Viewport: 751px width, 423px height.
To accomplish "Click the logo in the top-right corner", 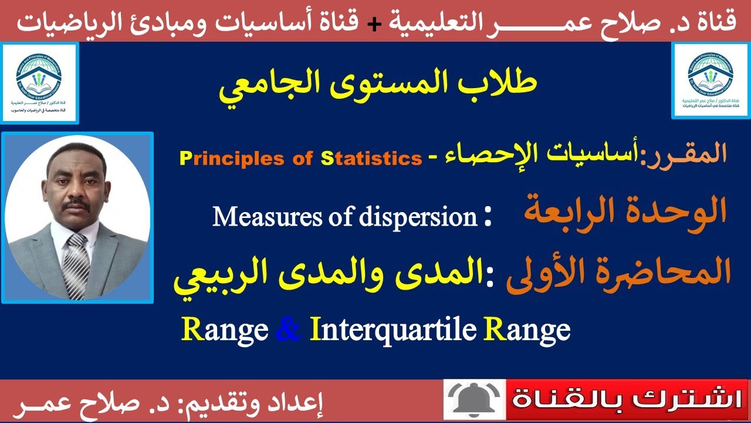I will (710, 82).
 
